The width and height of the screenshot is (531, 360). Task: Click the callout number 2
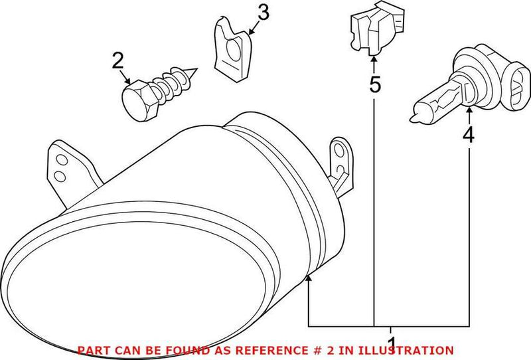coord(117,60)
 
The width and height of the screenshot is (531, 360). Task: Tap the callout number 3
coord(263,12)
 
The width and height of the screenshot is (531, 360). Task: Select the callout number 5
coord(374,84)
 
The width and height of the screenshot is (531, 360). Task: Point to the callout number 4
coord(469,135)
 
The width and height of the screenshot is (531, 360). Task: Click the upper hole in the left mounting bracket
coord(60,160)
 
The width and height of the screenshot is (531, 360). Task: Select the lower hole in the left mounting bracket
coord(60,176)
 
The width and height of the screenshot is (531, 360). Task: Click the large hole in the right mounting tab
coord(339,150)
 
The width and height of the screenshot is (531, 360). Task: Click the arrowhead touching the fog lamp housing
coord(308,278)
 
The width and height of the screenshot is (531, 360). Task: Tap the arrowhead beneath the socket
coord(374,59)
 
